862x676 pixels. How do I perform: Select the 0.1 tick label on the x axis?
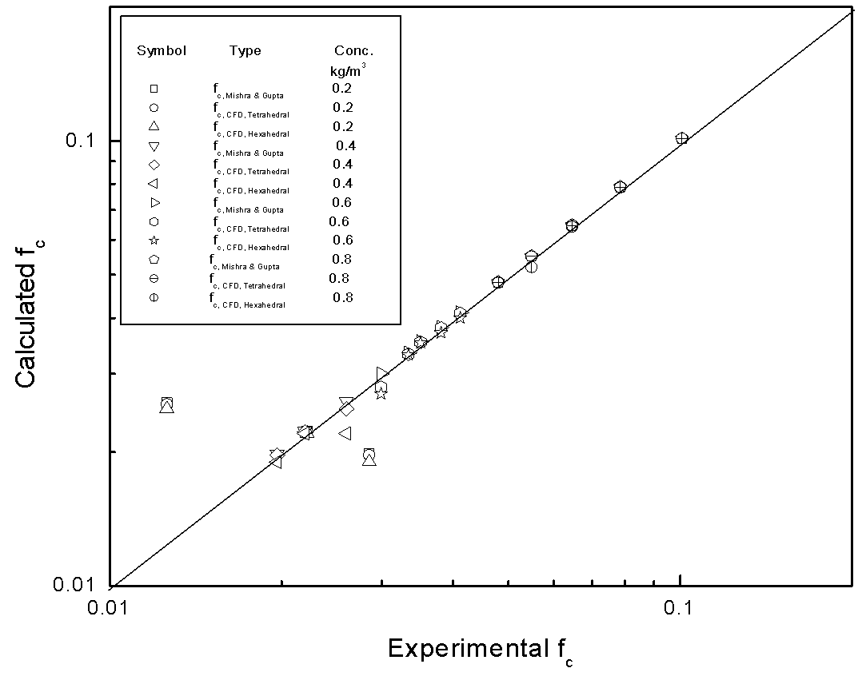(679, 607)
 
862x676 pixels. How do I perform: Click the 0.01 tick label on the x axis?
(109, 607)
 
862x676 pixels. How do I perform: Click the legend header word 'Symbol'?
(162, 50)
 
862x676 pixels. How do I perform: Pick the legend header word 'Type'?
(245, 50)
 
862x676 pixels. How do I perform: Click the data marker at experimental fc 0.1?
(681, 138)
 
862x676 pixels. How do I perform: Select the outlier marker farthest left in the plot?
(166, 404)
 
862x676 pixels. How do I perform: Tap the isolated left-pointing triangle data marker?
(345, 433)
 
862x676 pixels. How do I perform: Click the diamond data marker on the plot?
(347, 409)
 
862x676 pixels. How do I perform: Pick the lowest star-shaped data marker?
(381, 393)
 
